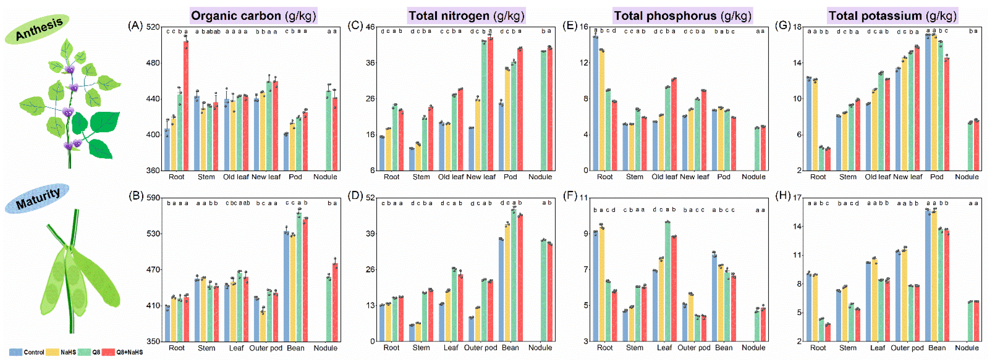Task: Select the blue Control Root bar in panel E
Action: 595,104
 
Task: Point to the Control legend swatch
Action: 15,352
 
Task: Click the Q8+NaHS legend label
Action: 130,352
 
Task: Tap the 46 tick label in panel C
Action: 370,27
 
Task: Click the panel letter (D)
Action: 355,196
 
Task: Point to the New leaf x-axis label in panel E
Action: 694,177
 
